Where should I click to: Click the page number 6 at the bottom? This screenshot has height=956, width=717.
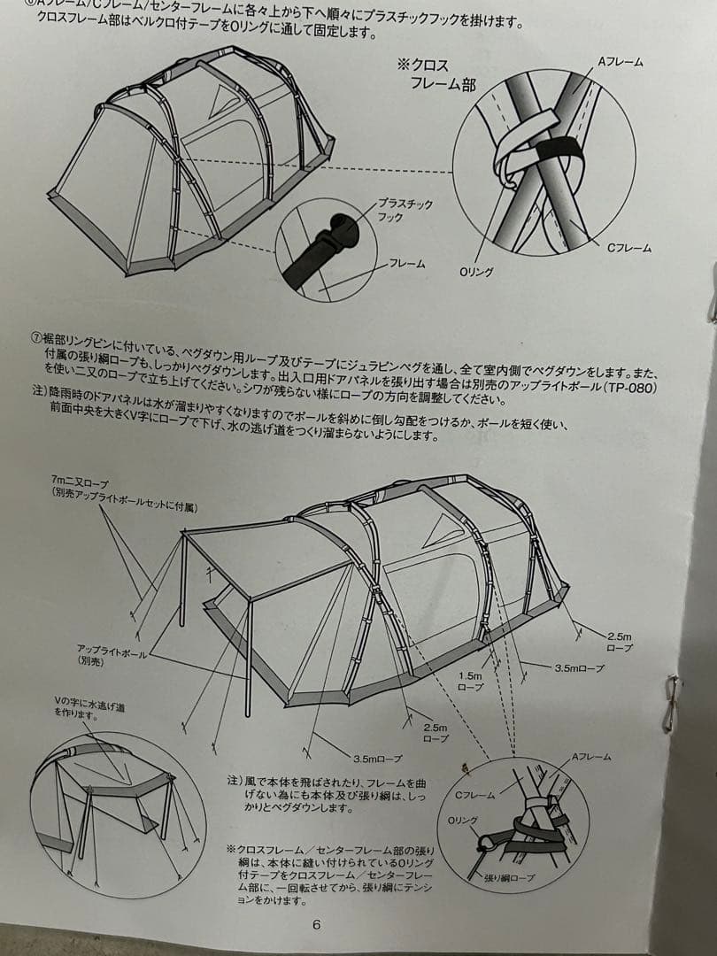point(316,925)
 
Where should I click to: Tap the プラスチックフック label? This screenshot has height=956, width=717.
point(405,210)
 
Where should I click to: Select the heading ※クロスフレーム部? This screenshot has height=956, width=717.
point(437,74)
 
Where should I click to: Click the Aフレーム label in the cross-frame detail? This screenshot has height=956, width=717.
point(621,63)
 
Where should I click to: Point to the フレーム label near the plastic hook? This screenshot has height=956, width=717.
point(408,264)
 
